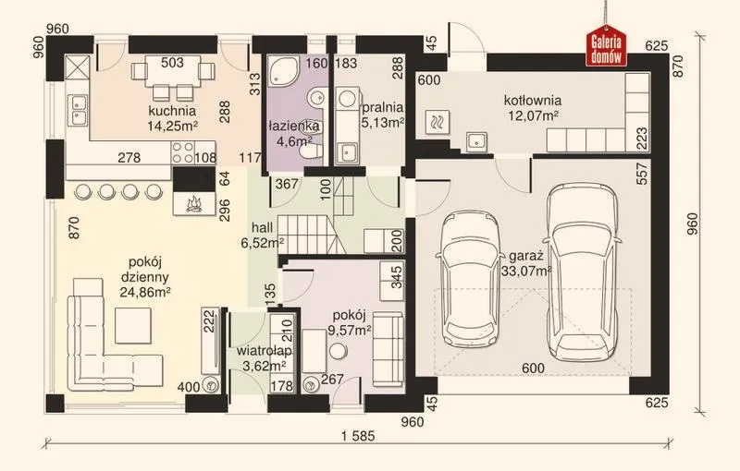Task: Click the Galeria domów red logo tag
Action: (x=606, y=45)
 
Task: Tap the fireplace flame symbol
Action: (x=193, y=204)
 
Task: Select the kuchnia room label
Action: (x=172, y=111)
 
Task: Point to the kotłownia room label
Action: (x=533, y=101)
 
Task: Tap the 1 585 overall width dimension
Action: (x=359, y=436)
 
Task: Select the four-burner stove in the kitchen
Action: (x=183, y=152)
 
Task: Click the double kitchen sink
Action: (x=78, y=110)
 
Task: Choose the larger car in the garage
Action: (x=582, y=272)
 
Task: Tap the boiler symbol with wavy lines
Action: (x=437, y=123)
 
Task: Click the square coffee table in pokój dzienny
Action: (x=133, y=325)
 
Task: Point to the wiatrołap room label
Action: (x=265, y=351)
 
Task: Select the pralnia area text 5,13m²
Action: (x=383, y=123)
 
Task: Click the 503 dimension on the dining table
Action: (x=172, y=63)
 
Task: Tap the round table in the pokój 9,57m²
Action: (x=339, y=351)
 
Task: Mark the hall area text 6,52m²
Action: (x=263, y=243)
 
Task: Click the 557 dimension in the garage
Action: (x=642, y=173)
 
